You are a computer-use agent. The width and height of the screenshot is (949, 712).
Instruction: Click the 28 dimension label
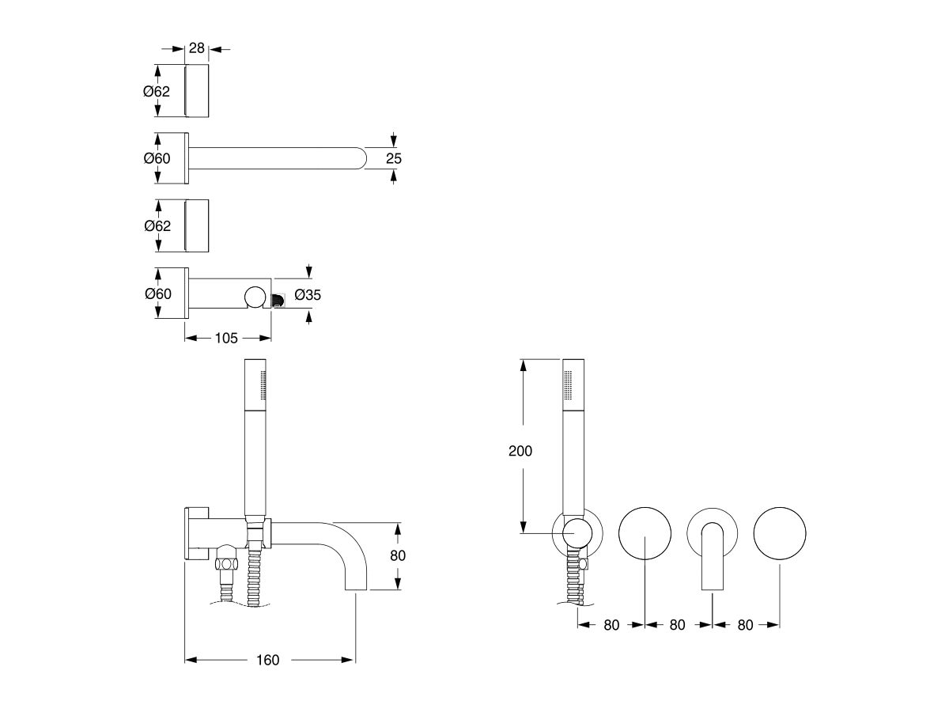click(197, 48)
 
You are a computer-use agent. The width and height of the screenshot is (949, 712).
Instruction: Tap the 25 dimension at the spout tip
click(393, 158)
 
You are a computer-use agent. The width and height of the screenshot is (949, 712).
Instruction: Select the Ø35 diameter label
click(308, 295)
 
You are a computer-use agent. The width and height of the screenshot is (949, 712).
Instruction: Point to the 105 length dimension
click(226, 338)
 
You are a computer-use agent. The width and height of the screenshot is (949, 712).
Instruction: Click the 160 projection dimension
click(268, 660)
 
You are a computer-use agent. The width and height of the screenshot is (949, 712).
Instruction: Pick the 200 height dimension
click(520, 451)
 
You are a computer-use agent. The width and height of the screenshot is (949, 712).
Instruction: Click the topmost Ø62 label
click(157, 91)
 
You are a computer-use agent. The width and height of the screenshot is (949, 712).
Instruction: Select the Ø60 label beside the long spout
click(157, 158)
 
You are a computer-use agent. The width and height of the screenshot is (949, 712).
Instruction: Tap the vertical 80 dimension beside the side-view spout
click(397, 555)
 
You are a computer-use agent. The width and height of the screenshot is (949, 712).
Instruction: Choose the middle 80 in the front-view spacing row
click(677, 624)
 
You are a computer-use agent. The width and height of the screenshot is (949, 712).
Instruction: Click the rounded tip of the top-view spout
click(361, 158)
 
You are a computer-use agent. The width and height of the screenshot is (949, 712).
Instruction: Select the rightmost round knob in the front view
click(781, 533)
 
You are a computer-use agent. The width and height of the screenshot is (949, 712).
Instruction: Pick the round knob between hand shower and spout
click(645, 533)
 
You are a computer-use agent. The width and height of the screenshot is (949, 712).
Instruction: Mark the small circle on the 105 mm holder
click(255, 297)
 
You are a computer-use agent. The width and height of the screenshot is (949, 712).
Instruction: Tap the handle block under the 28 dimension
click(197, 91)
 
